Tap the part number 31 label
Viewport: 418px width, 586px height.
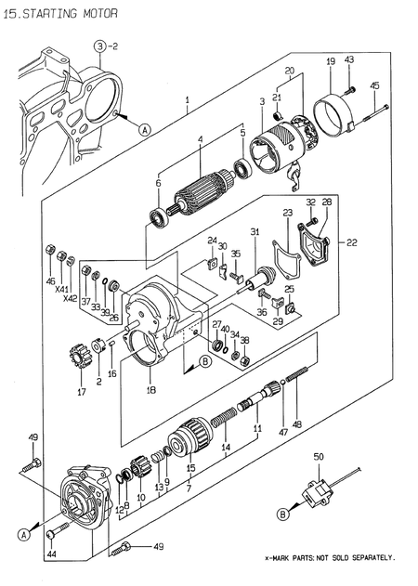tap(253, 231)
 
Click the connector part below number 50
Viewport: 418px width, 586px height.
tap(320, 492)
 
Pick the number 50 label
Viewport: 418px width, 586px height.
tap(319, 457)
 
